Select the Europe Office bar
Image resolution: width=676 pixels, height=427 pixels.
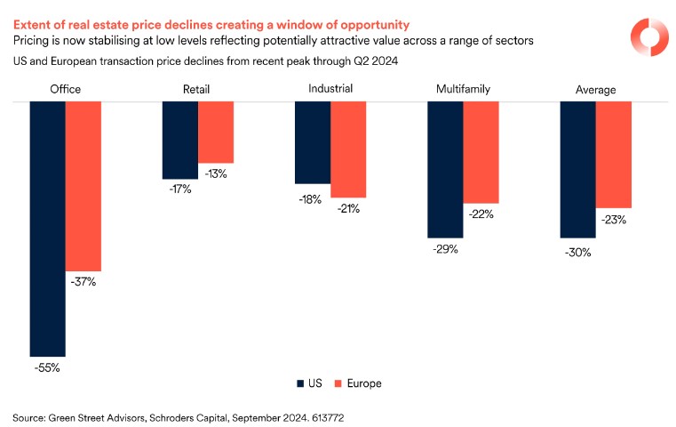84,186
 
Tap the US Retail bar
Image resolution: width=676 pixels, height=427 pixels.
179,140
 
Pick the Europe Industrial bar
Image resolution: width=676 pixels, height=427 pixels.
348,149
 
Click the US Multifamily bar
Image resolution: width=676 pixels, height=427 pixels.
445,169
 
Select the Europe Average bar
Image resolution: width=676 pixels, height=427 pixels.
613,154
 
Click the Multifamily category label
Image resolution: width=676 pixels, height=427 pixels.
463,90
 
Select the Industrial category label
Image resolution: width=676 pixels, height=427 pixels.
330,89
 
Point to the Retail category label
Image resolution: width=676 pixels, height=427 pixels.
197,90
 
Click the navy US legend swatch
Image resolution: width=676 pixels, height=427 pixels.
300,383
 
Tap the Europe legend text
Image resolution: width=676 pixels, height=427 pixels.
364,383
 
